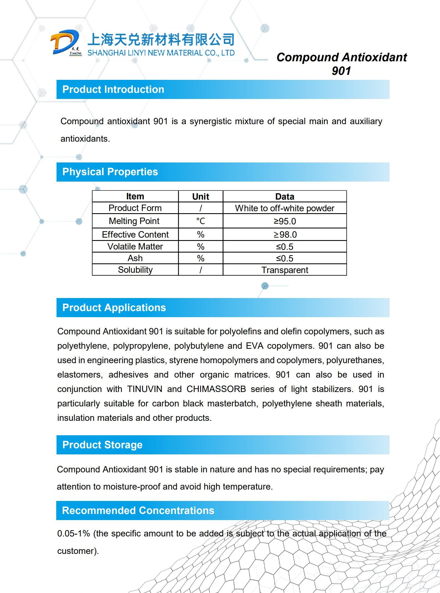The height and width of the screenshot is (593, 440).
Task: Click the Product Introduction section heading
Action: (x=113, y=90)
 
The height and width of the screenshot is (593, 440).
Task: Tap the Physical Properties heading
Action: (x=110, y=172)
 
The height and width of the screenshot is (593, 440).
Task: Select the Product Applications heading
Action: (x=114, y=308)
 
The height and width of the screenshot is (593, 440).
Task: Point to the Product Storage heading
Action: (x=102, y=445)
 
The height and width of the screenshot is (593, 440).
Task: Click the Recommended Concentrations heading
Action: (x=138, y=511)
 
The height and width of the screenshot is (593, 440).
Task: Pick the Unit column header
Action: (x=201, y=197)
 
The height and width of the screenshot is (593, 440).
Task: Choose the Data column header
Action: (x=285, y=197)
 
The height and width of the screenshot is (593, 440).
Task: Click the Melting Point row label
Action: (x=134, y=221)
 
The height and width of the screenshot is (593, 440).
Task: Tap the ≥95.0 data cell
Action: (x=285, y=221)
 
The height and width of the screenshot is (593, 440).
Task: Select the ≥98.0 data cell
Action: (x=285, y=235)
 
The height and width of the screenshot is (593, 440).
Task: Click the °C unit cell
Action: (x=201, y=221)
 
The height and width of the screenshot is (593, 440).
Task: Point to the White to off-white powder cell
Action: (x=285, y=208)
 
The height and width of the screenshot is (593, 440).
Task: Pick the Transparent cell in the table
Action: (x=285, y=270)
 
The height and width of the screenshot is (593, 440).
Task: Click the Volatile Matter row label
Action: (x=135, y=246)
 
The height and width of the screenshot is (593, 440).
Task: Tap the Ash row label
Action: (x=135, y=258)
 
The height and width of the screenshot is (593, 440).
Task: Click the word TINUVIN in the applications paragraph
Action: (x=145, y=389)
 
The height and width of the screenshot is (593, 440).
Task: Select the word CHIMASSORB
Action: (x=216, y=389)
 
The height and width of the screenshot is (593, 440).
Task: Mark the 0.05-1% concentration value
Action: (x=73, y=534)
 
